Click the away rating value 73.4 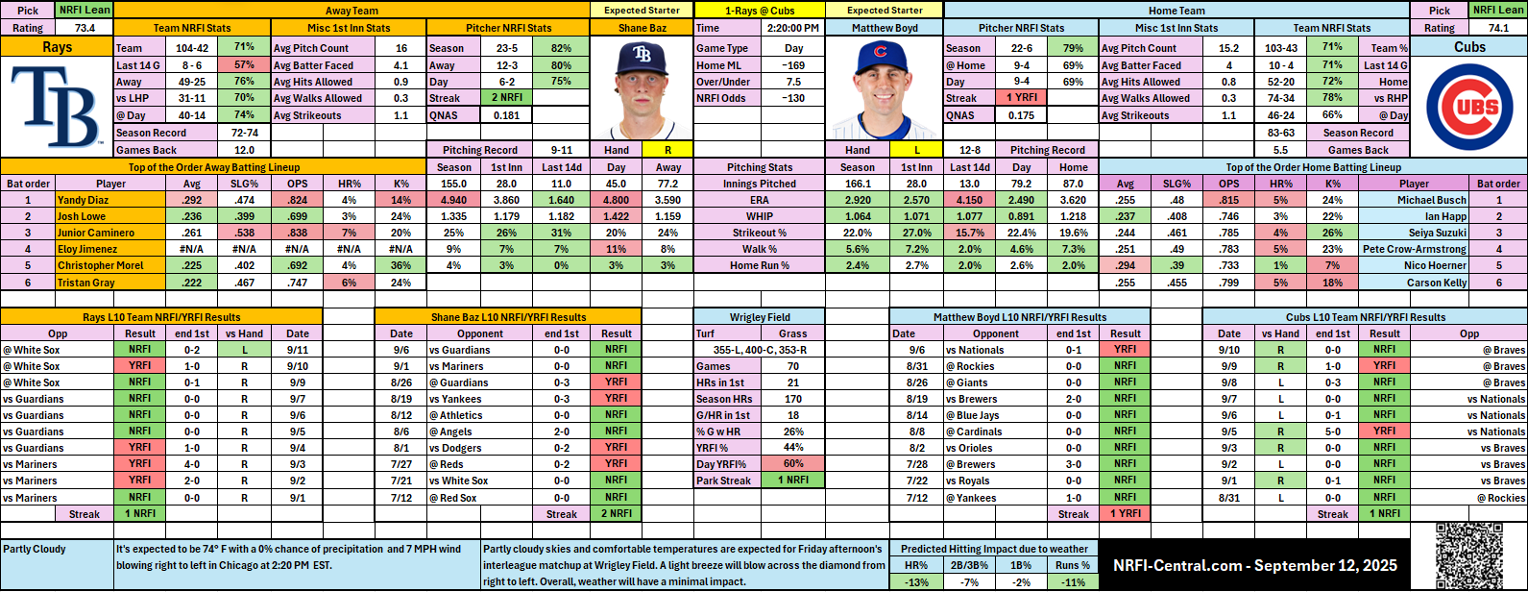click(x=85, y=28)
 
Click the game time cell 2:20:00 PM click(x=793, y=28)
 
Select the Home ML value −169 click(x=793, y=65)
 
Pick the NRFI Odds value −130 click(x=793, y=98)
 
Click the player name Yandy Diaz click(x=85, y=200)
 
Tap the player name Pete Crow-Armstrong click(x=1414, y=249)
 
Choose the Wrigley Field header click(x=760, y=317)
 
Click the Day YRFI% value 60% click(x=793, y=464)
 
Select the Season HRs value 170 click(x=793, y=399)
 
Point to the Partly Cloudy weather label click(x=36, y=550)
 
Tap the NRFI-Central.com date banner click(x=1254, y=565)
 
